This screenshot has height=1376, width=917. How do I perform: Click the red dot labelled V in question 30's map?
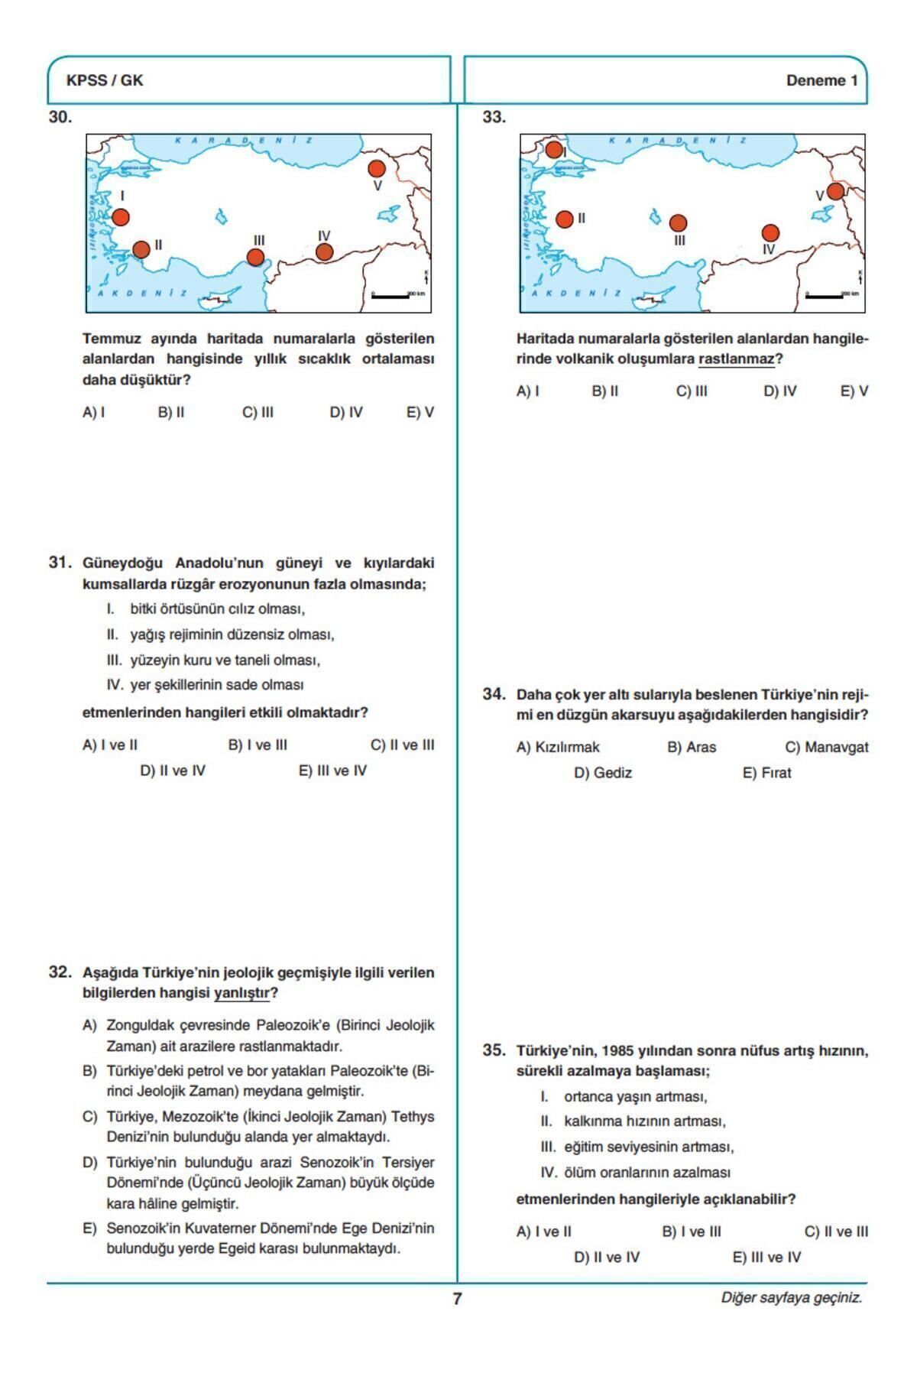[377, 168]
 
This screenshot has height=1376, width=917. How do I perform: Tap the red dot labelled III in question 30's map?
[256, 258]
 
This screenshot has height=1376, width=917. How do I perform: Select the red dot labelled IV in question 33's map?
[770, 232]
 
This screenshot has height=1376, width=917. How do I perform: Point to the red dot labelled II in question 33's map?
[565, 219]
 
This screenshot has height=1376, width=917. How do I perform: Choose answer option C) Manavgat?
[826, 747]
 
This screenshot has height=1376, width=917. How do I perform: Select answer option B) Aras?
[692, 747]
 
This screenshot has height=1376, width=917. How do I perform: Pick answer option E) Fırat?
[766, 773]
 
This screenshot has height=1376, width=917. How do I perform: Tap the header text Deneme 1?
[821, 80]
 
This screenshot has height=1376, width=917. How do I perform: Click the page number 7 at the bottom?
[457, 1298]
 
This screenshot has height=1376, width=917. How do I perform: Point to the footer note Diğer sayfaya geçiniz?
[791, 1297]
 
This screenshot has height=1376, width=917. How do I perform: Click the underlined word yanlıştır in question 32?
[242, 993]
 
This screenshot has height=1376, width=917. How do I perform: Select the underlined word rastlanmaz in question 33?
[736, 359]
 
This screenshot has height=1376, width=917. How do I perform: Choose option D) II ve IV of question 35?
[607, 1257]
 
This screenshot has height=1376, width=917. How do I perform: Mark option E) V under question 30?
[420, 412]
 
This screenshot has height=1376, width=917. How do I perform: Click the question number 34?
[494, 694]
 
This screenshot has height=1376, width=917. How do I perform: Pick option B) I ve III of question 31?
[258, 745]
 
